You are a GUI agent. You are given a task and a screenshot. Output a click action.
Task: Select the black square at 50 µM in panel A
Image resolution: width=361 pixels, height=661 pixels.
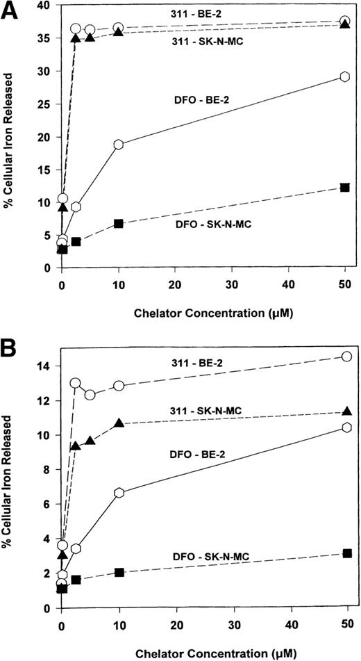[x=345, y=188]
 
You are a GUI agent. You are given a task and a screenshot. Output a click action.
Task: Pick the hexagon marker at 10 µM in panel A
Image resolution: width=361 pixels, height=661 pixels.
[x=119, y=145]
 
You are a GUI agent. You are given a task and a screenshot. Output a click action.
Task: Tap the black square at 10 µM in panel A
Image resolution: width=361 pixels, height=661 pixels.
[x=119, y=224]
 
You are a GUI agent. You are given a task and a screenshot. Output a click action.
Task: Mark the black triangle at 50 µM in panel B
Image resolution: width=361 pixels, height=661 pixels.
[x=346, y=412]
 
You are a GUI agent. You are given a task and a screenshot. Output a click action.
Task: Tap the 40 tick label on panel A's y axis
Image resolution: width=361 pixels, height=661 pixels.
[x=45, y=6]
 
